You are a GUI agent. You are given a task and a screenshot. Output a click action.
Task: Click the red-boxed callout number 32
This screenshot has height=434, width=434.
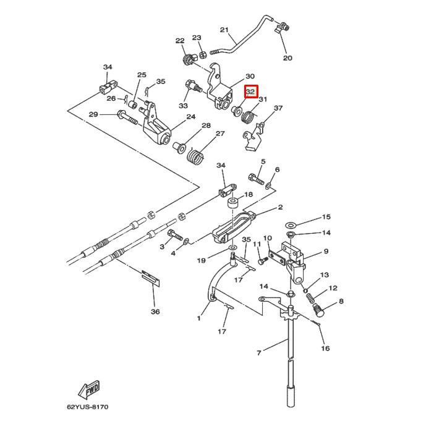(x=250, y=91)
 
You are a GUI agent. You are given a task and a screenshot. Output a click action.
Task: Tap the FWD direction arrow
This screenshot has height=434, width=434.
(x=88, y=390)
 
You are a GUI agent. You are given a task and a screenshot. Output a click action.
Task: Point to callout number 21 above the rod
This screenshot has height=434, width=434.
(x=224, y=30)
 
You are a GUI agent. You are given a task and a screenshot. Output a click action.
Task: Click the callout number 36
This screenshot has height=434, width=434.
(x=155, y=312)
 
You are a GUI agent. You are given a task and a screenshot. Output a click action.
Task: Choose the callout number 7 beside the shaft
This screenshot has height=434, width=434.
(x=259, y=352)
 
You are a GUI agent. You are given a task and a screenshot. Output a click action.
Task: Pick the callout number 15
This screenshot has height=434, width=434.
(x=326, y=217)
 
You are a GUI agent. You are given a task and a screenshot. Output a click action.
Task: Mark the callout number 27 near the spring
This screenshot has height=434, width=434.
(x=219, y=134)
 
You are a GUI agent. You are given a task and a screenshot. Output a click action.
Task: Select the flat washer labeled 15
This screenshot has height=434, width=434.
(x=292, y=223)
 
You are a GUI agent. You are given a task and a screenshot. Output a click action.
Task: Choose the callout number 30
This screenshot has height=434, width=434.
(x=250, y=75)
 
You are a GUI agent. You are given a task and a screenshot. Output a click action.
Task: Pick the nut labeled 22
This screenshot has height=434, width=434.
(x=186, y=59)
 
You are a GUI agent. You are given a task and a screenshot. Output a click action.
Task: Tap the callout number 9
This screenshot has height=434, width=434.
(x=326, y=252)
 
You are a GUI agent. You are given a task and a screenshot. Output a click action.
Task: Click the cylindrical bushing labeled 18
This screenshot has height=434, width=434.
(x=234, y=205)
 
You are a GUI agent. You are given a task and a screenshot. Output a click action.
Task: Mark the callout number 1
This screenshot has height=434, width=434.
(x=199, y=318)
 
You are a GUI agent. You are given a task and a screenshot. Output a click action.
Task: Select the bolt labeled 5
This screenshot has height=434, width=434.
(x=257, y=179)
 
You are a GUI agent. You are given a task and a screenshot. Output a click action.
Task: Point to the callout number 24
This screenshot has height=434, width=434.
(x=190, y=116)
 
